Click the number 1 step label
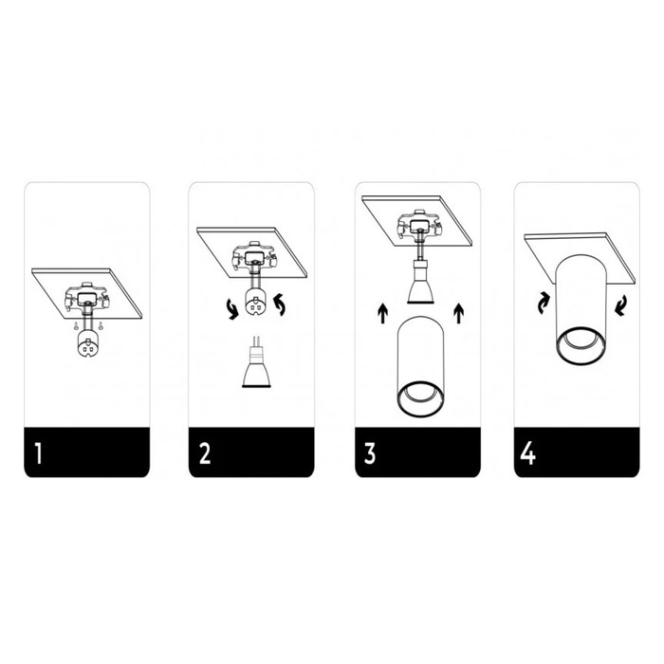coord(39,453)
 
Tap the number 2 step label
coord(205,453)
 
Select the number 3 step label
coord(370,453)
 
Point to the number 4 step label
coord(528,453)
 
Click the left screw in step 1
coord(75,325)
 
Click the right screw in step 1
coord(101,325)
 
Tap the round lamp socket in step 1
coord(88,343)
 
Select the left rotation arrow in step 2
coord(232,308)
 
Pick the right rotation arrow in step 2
coord(280,305)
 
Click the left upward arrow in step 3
coord(383,313)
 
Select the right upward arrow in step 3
coord(458,313)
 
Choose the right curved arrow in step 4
coord(620,305)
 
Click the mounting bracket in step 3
coord(419,226)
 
